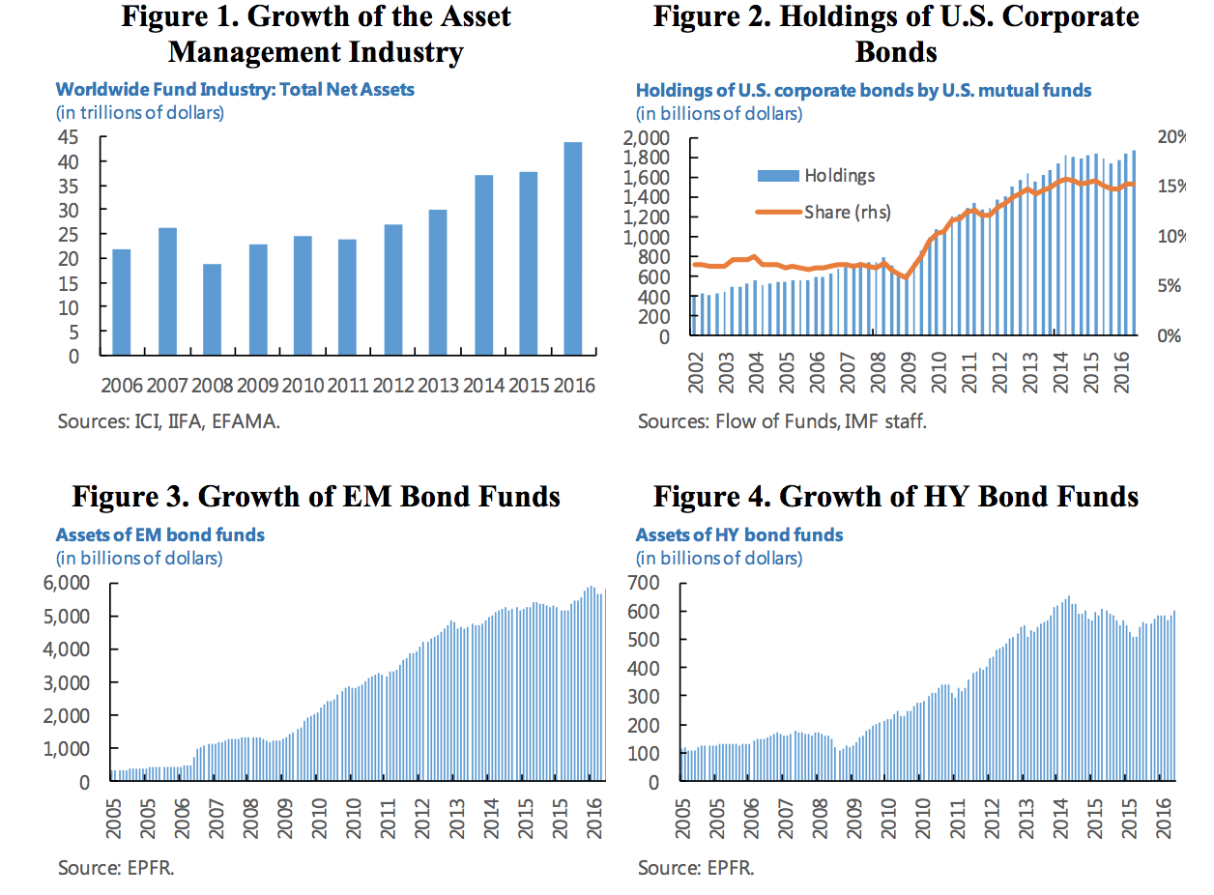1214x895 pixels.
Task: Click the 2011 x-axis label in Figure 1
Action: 347,385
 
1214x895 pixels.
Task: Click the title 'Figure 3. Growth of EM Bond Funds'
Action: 317,496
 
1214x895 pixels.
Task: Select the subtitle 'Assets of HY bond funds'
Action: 739,534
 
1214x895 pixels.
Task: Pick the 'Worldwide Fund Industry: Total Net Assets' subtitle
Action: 235,90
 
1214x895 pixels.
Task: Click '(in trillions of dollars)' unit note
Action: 140,112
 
